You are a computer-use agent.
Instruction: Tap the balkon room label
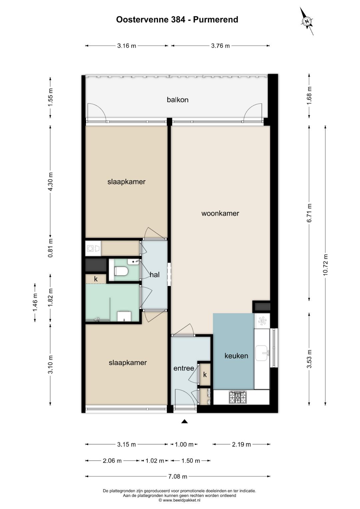coord(177,100)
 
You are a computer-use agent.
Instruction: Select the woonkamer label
coord(220,213)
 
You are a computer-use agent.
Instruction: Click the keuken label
coord(236,356)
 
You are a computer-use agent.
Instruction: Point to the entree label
coord(184,368)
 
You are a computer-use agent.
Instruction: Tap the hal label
coord(155,275)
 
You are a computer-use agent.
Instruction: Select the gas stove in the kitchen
coord(237,397)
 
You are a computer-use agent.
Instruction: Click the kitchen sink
coord(262,353)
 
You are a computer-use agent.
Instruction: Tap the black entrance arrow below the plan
coord(184,422)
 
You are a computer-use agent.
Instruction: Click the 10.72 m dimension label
coord(325,265)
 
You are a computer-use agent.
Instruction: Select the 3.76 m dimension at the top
coord(220,46)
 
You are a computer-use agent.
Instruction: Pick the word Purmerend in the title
coord(215,20)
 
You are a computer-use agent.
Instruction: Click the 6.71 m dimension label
coord(309,213)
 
